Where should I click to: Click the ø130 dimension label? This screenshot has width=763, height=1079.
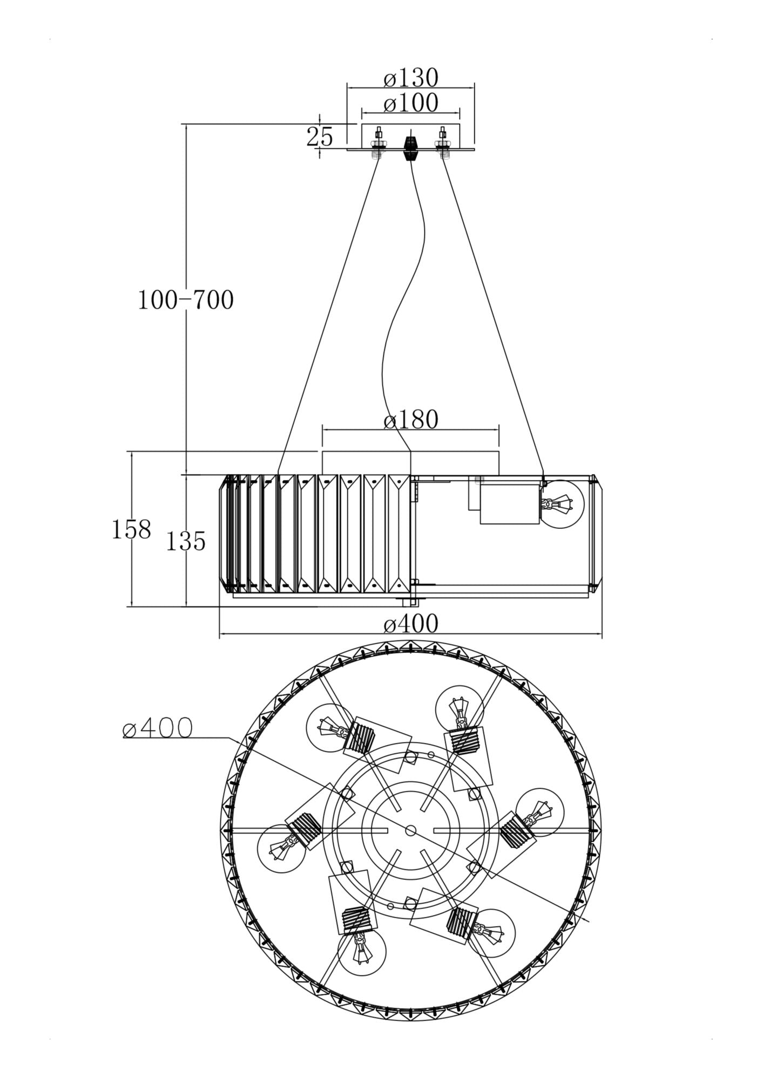pyautogui.click(x=410, y=79)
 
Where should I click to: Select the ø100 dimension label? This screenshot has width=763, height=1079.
pyautogui.click(x=410, y=104)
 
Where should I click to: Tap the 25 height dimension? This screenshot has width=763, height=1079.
pyautogui.click(x=320, y=137)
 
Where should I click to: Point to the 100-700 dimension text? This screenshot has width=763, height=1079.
pyautogui.click(x=186, y=300)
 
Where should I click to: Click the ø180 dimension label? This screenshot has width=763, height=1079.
pyautogui.click(x=410, y=420)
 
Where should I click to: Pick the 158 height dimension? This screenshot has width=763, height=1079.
pyautogui.click(x=131, y=530)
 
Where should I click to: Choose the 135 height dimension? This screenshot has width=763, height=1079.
pyautogui.click(x=186, y=542)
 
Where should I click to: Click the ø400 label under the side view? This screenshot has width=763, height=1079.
pyautogui.click(x=410, y=624)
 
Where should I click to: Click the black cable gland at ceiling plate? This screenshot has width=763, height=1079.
pyautogui.click(x=411, y=147)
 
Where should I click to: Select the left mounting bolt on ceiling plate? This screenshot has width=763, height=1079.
pyautogui.click(x=376, y=144)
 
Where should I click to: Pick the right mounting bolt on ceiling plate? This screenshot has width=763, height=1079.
pyautogui.click(x=443, y=144)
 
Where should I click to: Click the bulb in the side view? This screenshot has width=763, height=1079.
pyautogui.click(x=562, y=505)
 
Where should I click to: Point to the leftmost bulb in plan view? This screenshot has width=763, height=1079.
pyautogui.click(x=280, y=851)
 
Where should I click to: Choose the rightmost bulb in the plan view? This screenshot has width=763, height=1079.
pyautogui.click(x=539, y=812)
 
